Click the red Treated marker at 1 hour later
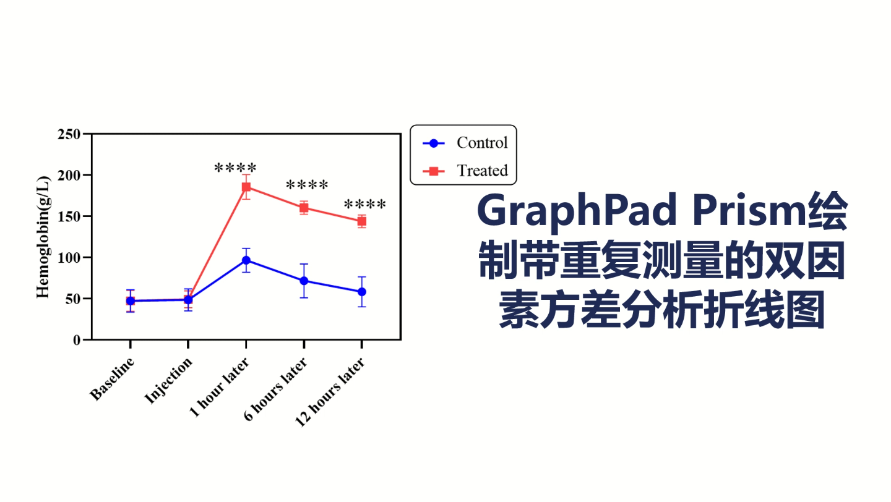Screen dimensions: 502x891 246,187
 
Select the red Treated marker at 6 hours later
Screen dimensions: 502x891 304,208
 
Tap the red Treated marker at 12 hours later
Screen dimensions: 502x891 361,221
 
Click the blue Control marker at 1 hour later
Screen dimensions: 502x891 246,260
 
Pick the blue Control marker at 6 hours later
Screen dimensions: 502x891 304,281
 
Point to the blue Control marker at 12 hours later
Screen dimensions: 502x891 361,292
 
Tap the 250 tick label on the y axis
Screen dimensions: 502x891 69,134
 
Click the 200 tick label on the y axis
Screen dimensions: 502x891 69,176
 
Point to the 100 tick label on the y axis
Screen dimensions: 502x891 69,258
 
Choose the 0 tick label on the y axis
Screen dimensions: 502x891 76,340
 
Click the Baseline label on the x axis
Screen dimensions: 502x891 113,378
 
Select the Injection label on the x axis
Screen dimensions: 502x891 169,380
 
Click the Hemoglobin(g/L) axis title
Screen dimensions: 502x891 43,237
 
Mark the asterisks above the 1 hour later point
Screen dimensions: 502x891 236,168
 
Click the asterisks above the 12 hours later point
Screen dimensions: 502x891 365,204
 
